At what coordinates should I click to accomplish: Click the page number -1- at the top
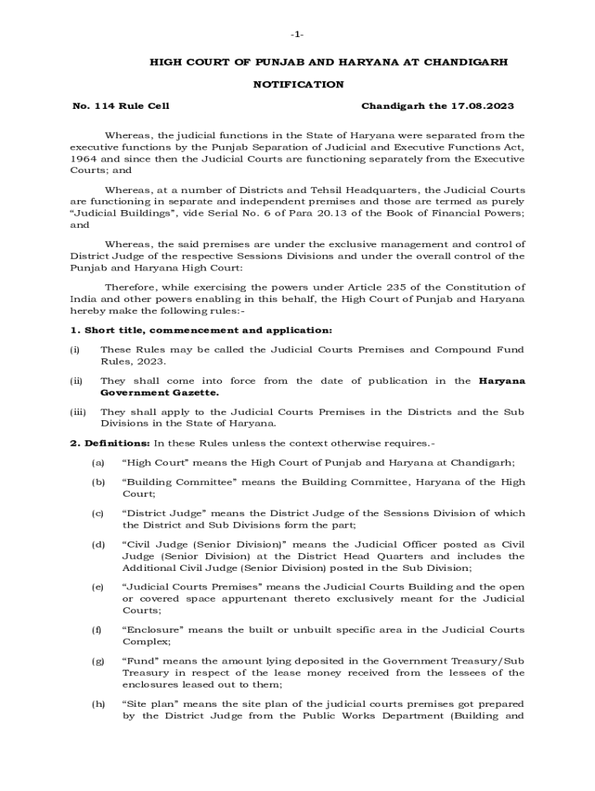click(x=297, y=35)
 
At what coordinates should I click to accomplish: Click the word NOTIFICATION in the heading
click(x=298, y=84)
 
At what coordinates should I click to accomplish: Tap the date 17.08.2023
click(x=485, y=106)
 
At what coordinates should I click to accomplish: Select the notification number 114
click(x=104, y=106)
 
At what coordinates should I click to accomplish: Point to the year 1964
click(x=83, y=159)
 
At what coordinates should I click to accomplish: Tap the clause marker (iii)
click(x=78, y=412)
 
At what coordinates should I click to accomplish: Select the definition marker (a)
click(x=98, y=463)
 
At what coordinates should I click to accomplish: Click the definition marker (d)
click(x=98, y=545)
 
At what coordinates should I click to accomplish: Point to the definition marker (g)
click(x=98, y=661)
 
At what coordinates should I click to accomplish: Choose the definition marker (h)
click(x=98, y=704)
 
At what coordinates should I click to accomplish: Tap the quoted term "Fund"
click(x=140, y=661)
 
